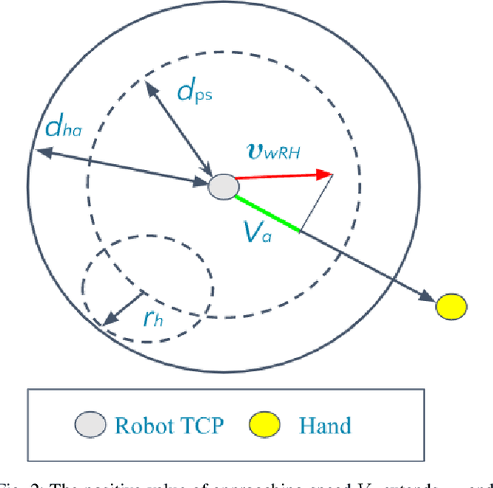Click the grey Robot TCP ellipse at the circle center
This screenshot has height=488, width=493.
(x=223, y=186)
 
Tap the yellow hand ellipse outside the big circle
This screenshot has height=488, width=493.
(x=451, y=306)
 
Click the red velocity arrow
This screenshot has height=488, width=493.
(x=281, y=177)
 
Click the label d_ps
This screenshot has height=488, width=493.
(x=194, y=92)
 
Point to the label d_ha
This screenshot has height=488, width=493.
(x=63, y=127)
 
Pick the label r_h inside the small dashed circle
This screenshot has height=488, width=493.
(x=153, y=318)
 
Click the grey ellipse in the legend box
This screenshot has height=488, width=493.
(x=89, y=423)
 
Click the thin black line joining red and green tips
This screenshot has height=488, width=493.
(x=316, y=202)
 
